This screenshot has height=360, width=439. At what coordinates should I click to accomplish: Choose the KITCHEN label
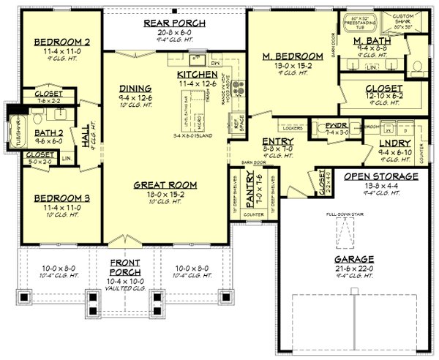198,75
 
